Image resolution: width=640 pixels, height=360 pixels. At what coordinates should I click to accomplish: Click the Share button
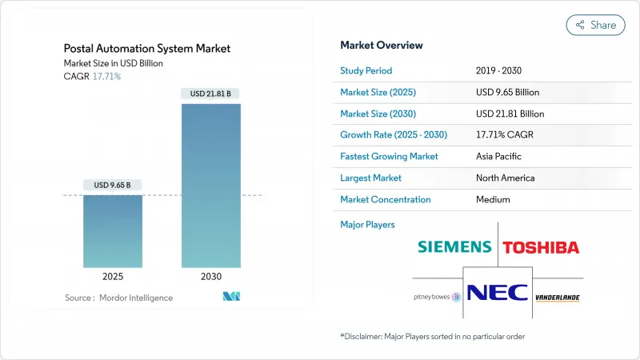[596, 25]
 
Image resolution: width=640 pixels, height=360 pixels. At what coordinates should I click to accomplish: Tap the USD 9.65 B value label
[112, 186]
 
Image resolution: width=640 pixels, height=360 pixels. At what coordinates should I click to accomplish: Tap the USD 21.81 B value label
[210, 94]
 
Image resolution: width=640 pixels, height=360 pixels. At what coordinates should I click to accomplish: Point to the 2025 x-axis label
[113, 276]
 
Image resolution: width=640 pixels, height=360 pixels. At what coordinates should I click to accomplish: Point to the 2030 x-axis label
[210, 276]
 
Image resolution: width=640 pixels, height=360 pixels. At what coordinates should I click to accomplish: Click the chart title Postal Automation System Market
[147, 49]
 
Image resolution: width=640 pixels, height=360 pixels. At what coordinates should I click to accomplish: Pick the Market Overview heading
[382, 45]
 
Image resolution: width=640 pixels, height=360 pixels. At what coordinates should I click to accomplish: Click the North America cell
[505, 178]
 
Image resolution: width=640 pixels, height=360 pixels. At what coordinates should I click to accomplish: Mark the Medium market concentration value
[493, 199]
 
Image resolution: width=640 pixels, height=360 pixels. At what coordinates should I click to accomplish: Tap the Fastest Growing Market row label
[390, 156]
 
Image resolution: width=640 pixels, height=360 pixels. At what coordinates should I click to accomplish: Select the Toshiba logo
[541, 247]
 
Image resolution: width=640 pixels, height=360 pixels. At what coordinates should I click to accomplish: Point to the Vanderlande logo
[558, 297]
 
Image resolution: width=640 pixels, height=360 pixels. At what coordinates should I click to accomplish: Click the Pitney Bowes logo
[437, 297]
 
